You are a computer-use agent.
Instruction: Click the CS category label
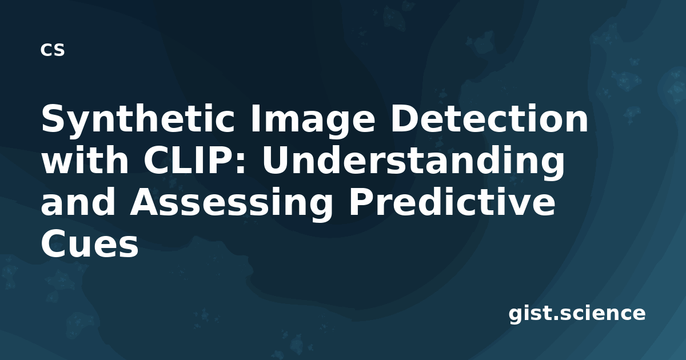click(53, 50)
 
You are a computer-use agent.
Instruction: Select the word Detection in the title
click(489, 118)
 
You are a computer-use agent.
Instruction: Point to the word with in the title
click(85, 159)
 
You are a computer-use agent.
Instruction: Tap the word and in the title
click(78, 201)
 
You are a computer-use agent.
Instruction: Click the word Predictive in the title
click(452, 201)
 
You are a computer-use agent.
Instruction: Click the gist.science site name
click(577, 314)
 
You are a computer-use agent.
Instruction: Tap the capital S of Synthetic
click(54, 118)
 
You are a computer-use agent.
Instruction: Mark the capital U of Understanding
click(276, 160)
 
